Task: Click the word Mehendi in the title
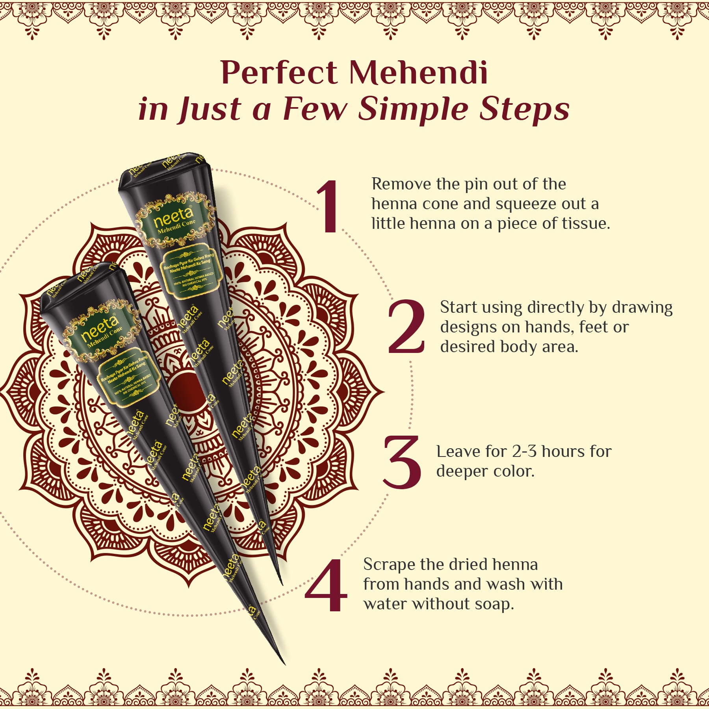click(x=418, y=72)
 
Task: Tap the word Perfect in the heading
click(x=279, y=72)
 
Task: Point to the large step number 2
click(x=406, y=327)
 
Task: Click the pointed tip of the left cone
click(x=284, y=664)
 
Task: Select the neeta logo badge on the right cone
click(x=175, y=219)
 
